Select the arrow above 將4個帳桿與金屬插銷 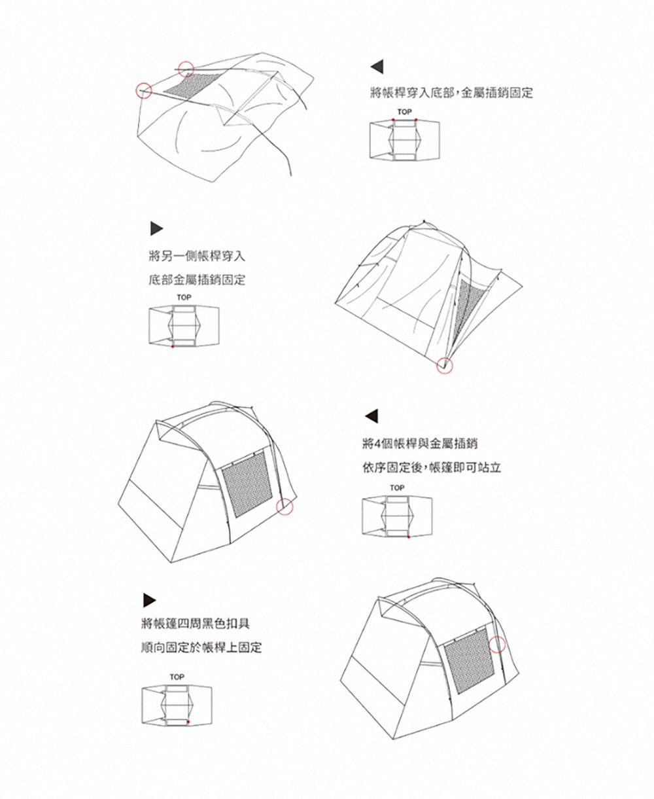[x=370, y=416]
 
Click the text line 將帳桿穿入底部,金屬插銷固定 [x=451, y=93]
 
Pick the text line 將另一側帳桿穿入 [x=197, y=255]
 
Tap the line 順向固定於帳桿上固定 [x=201, y=648]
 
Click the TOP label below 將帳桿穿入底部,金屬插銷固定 [x=404, y=113]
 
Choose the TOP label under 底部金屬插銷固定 [x=184, y=298]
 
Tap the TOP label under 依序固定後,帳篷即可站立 [x=397, y=488]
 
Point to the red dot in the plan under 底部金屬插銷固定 [x=172, y=346]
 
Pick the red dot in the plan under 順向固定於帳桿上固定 [x=187, y=722]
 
